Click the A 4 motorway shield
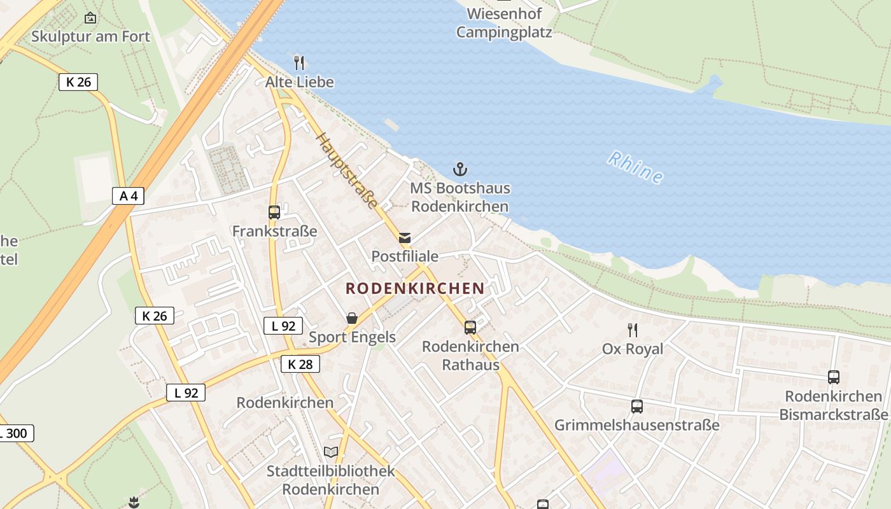pos(129,196)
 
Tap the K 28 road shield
pos(300,364)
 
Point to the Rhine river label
pos(635,167)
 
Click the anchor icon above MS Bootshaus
pos(460,169)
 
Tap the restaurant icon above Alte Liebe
pos(299,62)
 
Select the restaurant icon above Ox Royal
pos(632,330)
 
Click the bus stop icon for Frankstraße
pos(274,213)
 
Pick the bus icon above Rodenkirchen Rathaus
pos(470,328)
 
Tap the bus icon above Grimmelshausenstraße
pos(636,406)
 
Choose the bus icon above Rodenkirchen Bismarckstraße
pos(833,377)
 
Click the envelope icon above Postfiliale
pos(405,238)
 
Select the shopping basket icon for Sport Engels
pos(352,317)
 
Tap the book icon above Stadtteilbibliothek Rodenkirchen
pos(330,452)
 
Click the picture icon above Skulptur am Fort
pos(90,18)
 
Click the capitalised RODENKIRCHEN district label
pos(415,288)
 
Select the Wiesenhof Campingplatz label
pos(504,22)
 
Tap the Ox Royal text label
pos(632,349)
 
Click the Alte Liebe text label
pos(299,82)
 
